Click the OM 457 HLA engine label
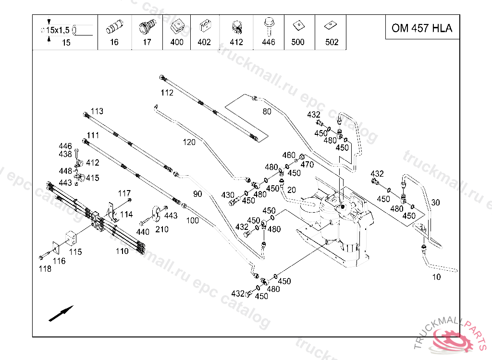(422, 28)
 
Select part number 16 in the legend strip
(114, 42)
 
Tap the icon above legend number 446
(268, 24)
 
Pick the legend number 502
(332, 42)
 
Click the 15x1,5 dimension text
(58, 30)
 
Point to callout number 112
(167, 93)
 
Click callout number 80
(267, 112)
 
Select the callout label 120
(189, 142)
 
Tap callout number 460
(289, 155)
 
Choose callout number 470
(307, 165)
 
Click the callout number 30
(435, 203)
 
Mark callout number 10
(436, 277)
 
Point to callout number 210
(162, 229)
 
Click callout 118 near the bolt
(45, 269)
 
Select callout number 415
(92, 178)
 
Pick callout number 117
(124, 193)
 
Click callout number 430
(228, 195)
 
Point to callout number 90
(198, 194)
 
